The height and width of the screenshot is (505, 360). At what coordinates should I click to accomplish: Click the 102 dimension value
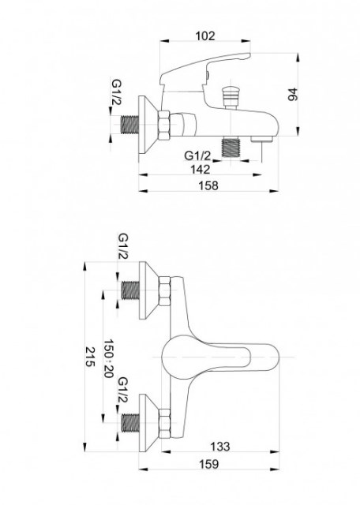[205, 36]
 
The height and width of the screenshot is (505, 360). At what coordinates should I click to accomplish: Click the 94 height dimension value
[293, 94]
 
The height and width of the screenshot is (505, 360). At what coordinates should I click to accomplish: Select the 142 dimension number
[200, 170]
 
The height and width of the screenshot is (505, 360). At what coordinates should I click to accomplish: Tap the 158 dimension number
[208, 185]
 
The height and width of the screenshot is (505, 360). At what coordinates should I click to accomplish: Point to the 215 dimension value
[91, 357]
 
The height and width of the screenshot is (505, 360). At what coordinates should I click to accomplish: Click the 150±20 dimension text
[108, 358]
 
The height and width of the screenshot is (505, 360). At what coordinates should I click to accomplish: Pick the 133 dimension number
[220, 447]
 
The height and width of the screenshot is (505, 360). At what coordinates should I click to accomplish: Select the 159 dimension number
[208, 464]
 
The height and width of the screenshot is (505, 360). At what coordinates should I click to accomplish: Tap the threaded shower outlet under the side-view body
[231, 147]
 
